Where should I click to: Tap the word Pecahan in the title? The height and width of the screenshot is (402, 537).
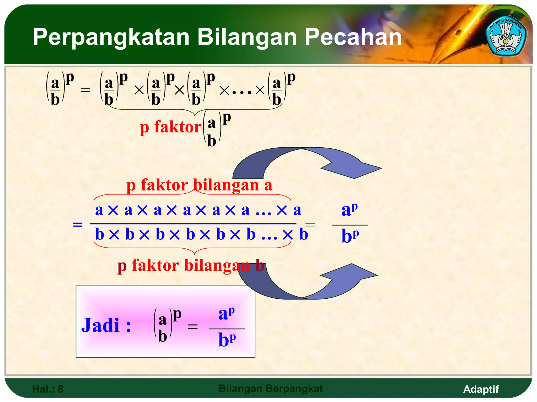tap(353, 37)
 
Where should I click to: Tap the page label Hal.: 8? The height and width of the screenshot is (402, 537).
tap(48, 389)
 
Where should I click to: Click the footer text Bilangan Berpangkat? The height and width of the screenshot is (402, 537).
tap(271, 388)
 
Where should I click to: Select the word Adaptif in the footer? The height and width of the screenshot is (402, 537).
tap(481, 389)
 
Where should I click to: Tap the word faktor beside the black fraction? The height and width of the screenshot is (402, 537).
tap(178, 127)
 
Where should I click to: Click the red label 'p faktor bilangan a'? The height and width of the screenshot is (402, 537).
tap(199, 185)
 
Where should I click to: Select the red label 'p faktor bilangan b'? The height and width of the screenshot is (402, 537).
tap(191, 265)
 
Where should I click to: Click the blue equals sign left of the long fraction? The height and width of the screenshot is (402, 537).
tap(78, 224)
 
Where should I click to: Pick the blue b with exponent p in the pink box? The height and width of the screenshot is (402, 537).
tap(227, 340)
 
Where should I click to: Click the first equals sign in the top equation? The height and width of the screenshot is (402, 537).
tap(85, 90)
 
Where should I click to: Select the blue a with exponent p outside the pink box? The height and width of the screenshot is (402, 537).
tap(350, 209)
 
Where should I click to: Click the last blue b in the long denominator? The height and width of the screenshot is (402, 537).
tap(304, 234)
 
